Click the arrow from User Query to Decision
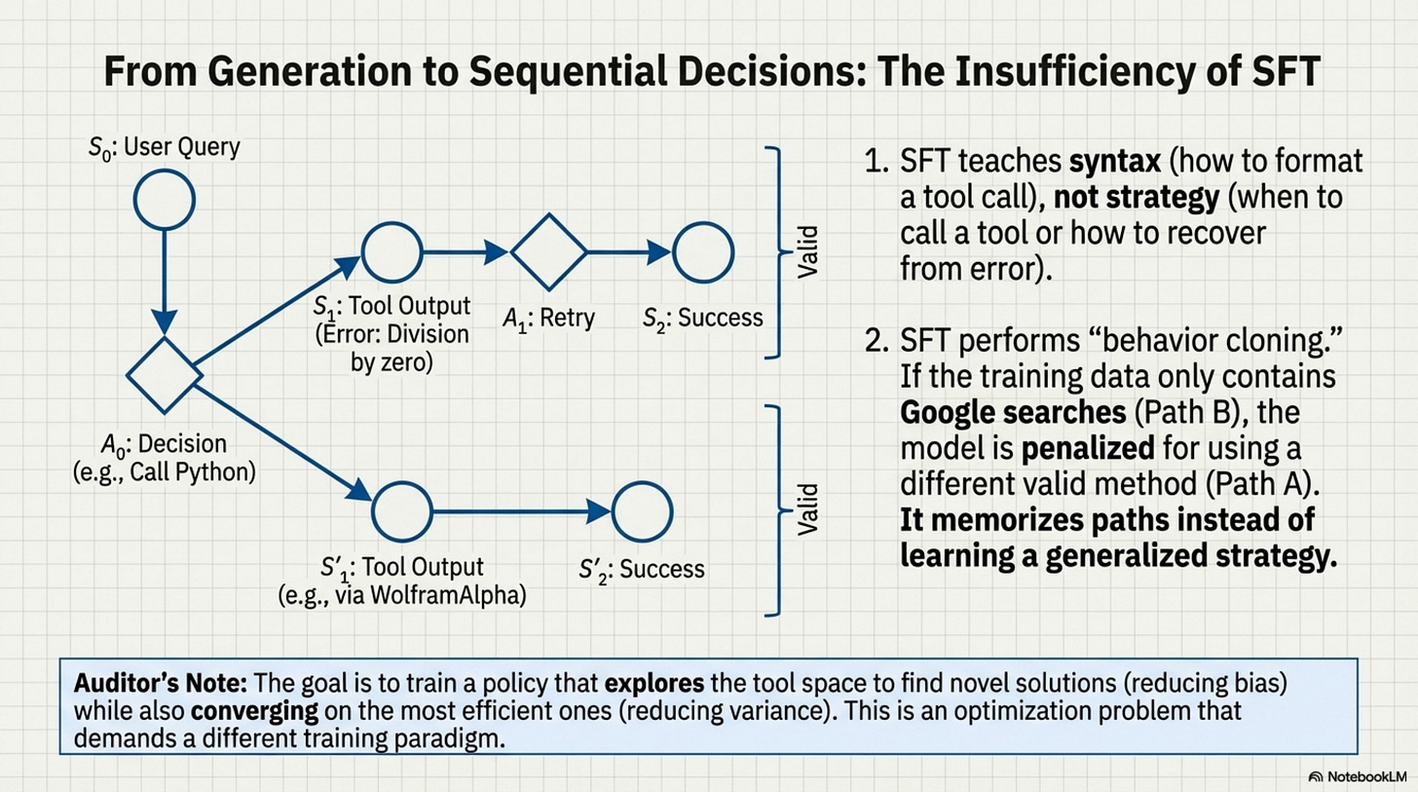tap(165, 283)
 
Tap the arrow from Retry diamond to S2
tap(629, 252)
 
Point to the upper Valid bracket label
tap(807, 252)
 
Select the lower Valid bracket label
tap(807, 509)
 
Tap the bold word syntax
tap(1115, 162)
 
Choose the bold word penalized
tap(1088, 448)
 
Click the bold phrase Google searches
tap(1013, 413)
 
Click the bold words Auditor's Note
tap(160, 683)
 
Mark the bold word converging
tap(254, 711)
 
